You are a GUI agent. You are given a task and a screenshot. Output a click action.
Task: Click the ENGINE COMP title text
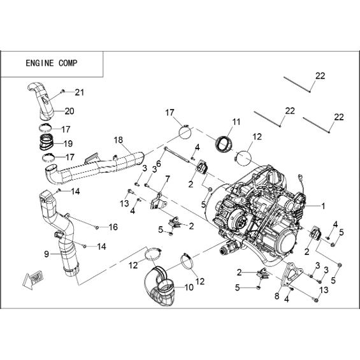pos(52,63)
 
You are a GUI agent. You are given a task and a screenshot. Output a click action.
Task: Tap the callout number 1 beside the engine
pos(323,206)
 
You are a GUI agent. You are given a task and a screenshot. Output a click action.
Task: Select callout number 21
pos(80,92)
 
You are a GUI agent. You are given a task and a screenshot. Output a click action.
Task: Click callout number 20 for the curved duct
pos(69,111)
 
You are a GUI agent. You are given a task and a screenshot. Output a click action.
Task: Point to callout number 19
pos(68,144)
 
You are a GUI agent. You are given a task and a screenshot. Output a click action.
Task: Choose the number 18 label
pos(119,140)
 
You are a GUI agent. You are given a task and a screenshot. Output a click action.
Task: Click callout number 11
pos(236,122)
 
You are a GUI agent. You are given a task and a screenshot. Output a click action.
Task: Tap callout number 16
pos(113,227)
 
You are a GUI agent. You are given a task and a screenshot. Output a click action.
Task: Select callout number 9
pos(47,254)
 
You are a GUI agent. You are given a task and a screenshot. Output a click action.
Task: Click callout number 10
pos(189,287)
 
